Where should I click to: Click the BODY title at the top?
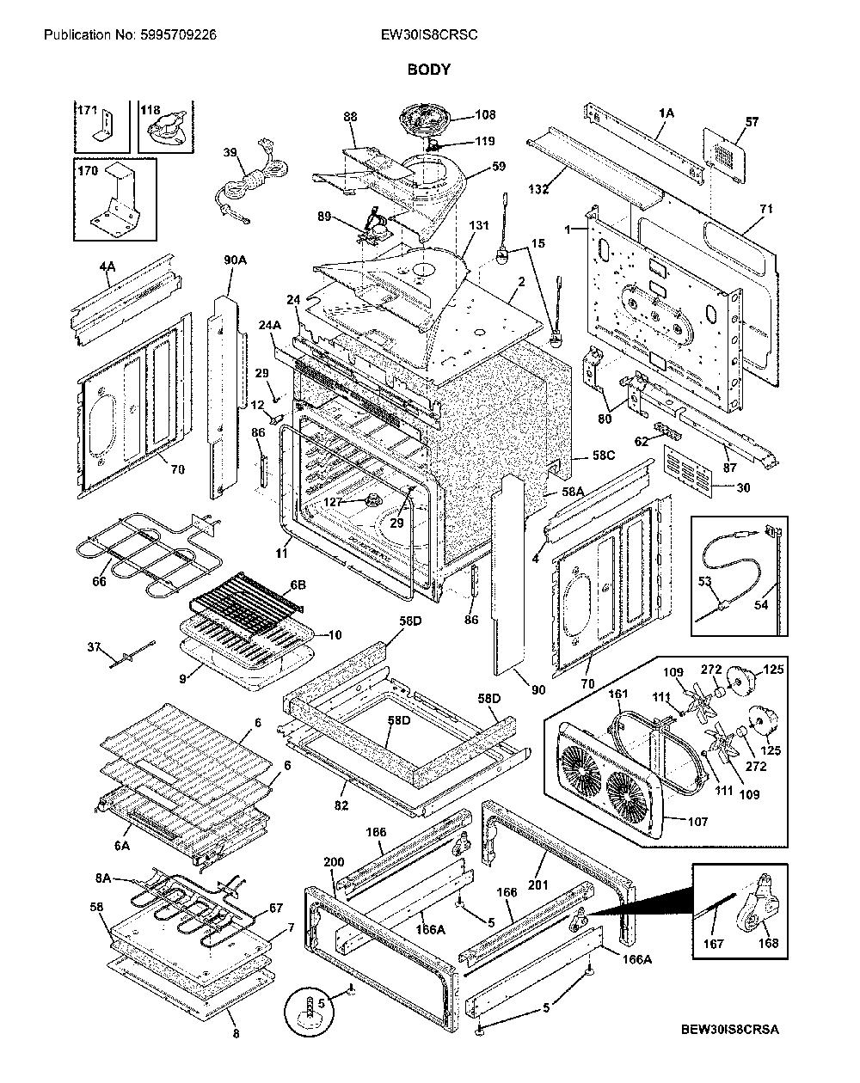tap(428, 70)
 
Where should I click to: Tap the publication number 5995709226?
tap(176, 34)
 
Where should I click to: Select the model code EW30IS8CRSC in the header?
tap(429, 34)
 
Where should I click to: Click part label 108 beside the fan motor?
tap(485, 114)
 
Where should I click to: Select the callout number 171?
tap(87, 109)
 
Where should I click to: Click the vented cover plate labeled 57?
tap(724, 156)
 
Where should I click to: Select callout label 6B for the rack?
tap(298, 585)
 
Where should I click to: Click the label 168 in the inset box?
tap(768, 943)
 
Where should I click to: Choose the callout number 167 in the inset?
tap(714, 944)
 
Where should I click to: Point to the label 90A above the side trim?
tap(236, 260)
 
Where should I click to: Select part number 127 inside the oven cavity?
tap(332, 502)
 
